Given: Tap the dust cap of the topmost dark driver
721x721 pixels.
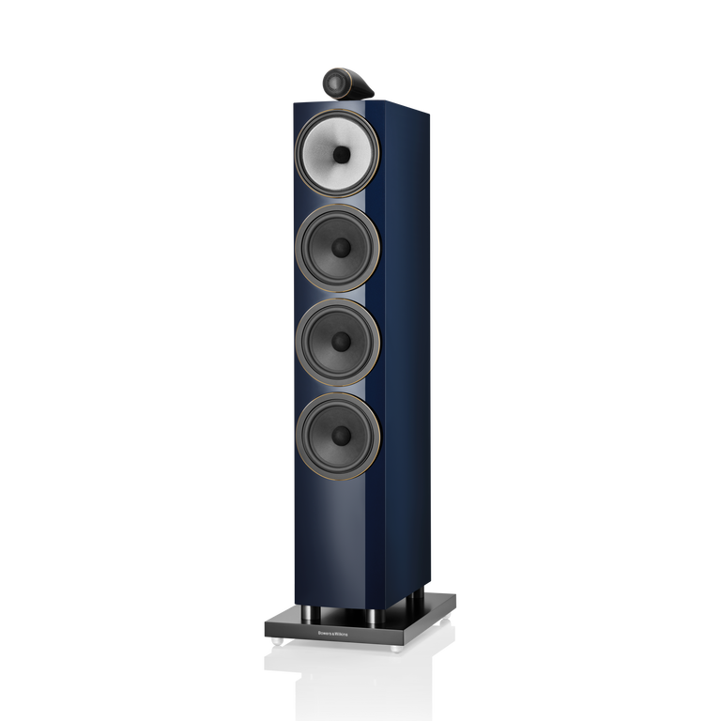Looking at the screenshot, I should click(341, 247).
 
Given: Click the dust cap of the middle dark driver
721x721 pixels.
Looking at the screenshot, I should click(341, 340).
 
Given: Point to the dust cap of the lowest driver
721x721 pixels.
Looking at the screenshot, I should click(341, 435).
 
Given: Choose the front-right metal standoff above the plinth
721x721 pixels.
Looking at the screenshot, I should click(374, 618).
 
